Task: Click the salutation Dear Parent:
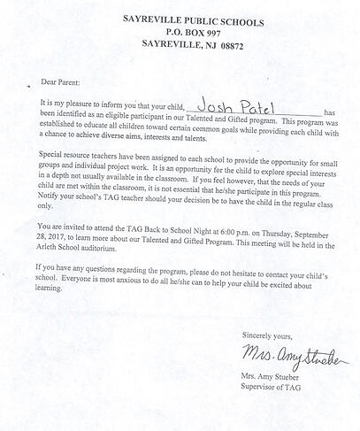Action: [58, 81]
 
